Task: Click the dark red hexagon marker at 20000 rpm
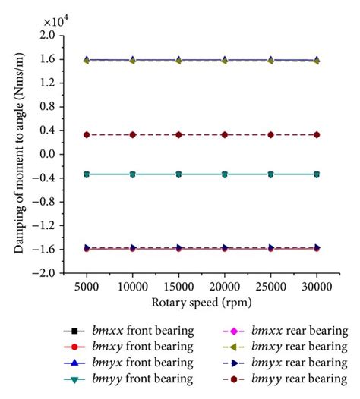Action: pyautogui.click(x=225, y=134)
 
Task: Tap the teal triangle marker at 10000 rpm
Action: pyautogui.click(x=133, y=174)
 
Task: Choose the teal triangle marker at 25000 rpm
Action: pyautogui.click(x=270, y=174)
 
